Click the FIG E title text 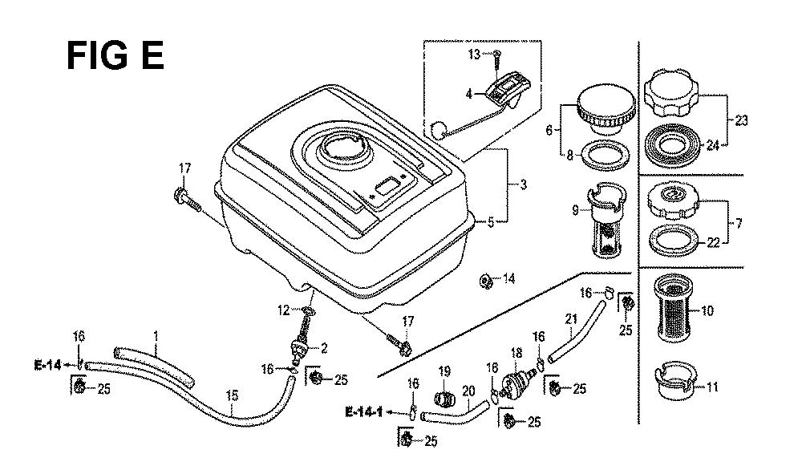(x=114, y=57)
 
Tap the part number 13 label (x=474, y=54)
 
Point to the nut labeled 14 (x=485, y=279)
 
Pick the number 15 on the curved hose (x=233, y=395)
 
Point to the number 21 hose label (x=571, y=319)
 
